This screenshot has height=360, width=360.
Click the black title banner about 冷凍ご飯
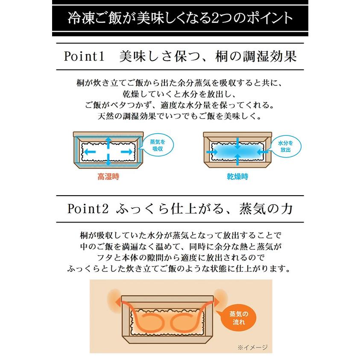tap(180, 18)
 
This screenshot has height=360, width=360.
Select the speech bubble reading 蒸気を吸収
tap(156, 145)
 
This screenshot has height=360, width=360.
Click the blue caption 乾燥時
tap(237, 176)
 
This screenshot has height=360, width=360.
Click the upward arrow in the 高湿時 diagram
tap(108, 142)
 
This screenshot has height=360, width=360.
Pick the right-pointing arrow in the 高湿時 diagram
tap(126, 152)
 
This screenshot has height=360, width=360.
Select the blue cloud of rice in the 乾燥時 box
tap(237, 151)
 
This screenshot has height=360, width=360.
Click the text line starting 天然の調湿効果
tap(179, 116)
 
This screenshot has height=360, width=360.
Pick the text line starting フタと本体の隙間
tap(179, 258)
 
